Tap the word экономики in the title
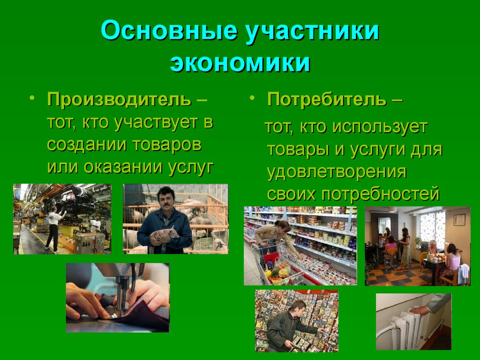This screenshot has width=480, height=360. pos(240,63)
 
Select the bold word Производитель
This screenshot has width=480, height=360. pos(120,99)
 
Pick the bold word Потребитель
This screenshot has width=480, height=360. pos(327,99)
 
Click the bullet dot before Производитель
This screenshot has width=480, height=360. pos(32,98)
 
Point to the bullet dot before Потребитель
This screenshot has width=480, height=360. pos(252,98)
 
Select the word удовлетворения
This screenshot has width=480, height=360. pos(337,172)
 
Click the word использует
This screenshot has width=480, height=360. pos(379,127)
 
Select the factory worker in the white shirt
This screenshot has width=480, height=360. pos(54,229)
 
